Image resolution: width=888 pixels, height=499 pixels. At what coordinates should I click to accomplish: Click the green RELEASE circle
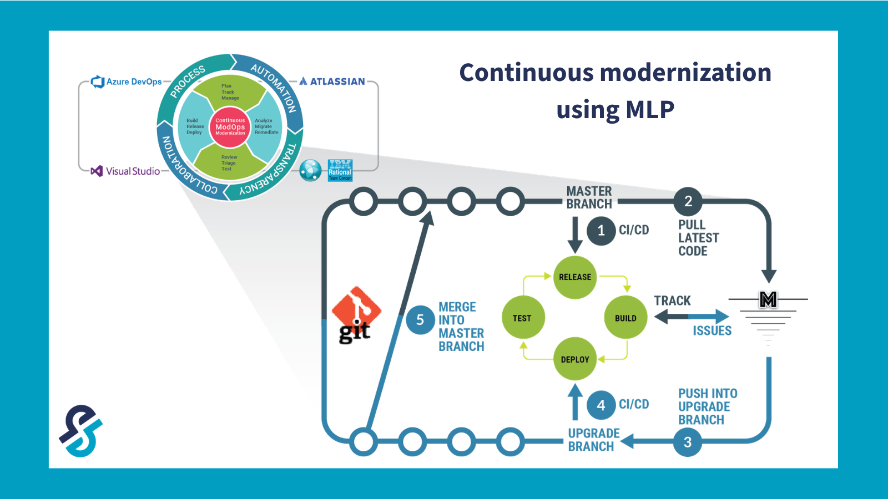click(575, 277)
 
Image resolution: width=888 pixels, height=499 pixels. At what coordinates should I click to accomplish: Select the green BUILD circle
click(625, 318)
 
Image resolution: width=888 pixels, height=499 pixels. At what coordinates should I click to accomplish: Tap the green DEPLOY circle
click(575, 359)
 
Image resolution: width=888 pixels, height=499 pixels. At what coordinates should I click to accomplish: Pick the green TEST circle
click(523, 318)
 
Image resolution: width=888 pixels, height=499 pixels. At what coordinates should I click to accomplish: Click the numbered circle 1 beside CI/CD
click(601, 230)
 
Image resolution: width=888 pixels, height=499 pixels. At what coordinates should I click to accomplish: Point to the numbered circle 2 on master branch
click(688, 201)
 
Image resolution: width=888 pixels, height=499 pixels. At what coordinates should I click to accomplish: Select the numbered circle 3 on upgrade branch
click(688, 442)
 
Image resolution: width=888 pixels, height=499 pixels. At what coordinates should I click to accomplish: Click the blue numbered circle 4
click(601, 405)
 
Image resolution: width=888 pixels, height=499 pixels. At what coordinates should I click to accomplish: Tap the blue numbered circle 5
click(420, 320)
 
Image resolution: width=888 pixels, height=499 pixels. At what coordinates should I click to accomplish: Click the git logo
click(356, 315)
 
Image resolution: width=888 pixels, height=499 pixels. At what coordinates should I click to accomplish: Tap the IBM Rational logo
click(340, 170)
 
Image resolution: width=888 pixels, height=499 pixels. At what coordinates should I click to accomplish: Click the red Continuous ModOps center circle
click(230, 127)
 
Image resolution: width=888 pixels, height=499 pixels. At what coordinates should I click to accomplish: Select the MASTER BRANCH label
click(589, 197)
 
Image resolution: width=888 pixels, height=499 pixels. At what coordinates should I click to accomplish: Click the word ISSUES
click(712, 331)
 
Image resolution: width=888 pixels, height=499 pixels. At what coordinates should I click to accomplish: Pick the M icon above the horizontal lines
click(768, 299)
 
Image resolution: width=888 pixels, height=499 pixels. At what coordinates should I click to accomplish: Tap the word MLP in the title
click(650, 109)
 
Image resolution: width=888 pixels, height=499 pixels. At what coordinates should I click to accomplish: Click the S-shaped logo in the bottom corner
click(81, 430)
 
